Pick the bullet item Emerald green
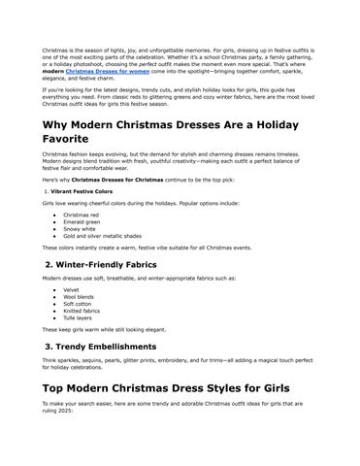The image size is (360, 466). coord(82,222)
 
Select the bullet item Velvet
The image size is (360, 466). coord(70,288)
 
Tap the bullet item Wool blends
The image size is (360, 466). coord(77,295)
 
